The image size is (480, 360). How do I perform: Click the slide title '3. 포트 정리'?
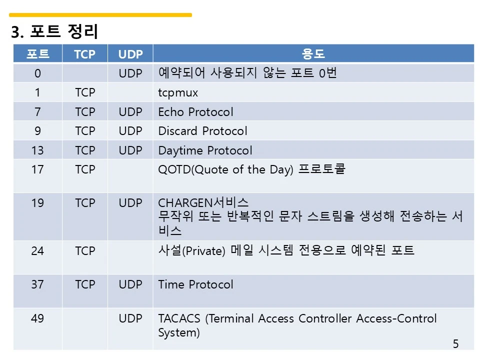pyautogui.click(x=54, y=31)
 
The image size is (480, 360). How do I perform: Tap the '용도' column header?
pyautogui.click(x=313, y=54)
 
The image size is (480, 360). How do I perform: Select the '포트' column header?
pyautogui.click(x=37, y=54)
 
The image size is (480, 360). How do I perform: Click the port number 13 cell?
pyautogui.click(x=37, y=150)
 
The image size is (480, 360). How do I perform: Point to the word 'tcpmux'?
pyautogui.click(x=178, y=93)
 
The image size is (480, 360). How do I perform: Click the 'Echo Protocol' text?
pyautogui.click(x=195, y=111)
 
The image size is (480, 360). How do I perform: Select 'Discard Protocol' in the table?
pyautogui.click(x=202, y=131)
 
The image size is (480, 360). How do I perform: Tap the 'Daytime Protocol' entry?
pyautogui.click(x=205, y=150)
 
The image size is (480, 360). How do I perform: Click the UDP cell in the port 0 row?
pyautogui.click(x=130, y=73)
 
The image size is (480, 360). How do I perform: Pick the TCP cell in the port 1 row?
pyautogui.click(x=85, y=92)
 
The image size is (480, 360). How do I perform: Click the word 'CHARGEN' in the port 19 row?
pyautogui.click(x=185, y=203)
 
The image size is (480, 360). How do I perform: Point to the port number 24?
pyautogui.click(x=37, y=251)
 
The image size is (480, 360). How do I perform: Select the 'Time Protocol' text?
pyautogui.click(x=195, y=284)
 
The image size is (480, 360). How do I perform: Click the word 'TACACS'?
pyautogui.click(x=179, y=318)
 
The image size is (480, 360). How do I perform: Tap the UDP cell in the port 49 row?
pyautogui.click(x=130, y=318)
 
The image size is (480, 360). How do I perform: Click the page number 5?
pyautogui.click(x=456, y=344)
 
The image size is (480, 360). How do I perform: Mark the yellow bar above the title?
pyautogui.click(x=100, y=14)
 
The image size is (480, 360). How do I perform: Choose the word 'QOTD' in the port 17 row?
pyautogui.click(x=174, y=169)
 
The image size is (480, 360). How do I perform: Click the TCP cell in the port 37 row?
pyautogui.click(x=85, y=284)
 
